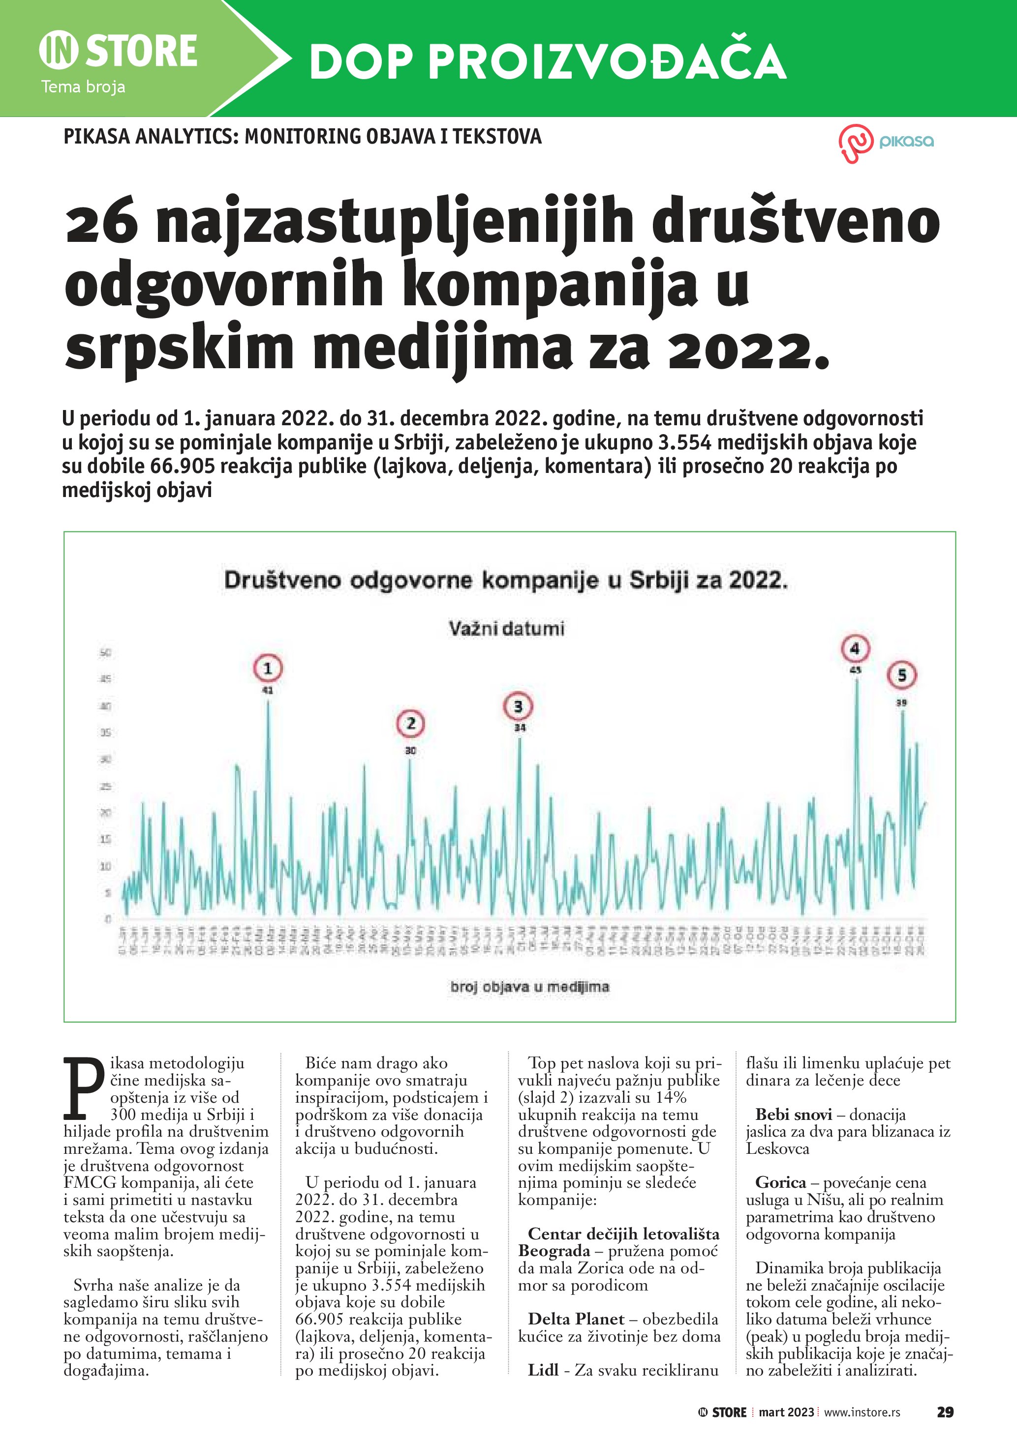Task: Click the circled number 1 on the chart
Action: [x=267, y=669]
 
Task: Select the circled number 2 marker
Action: [x=410, y=724]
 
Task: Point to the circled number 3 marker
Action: [x=518, y=706]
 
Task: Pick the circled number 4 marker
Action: [x=855, y=648]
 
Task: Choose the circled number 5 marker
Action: [x=902, y=675]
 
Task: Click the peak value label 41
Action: [x=267, y=691]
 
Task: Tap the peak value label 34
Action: [x=520, y=728]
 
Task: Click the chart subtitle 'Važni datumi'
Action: [x=506, y=628]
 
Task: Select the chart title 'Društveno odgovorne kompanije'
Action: [x=505, y=580]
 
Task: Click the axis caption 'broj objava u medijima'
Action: [x=529, y=987]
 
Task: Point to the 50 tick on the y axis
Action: [x=105, y=653]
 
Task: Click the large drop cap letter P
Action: [x=83, y=1088]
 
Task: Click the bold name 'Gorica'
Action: [x=780, y=1182]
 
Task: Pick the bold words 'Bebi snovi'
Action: [x=794, y=1114]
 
